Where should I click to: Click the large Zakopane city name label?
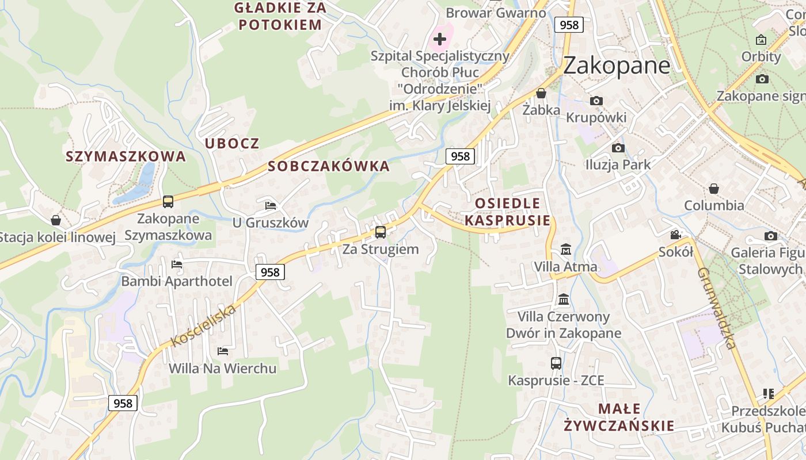[x=617, y=66]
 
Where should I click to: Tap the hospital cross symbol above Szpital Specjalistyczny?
[x=440, y=39]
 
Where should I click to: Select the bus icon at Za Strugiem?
[x=380, y=232]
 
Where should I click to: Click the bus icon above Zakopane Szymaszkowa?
[x=168, y=202]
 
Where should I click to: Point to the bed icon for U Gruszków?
[x=271, y=205]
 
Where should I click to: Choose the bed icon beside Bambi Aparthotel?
[x=177, y=264]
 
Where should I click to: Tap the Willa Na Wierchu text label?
[x=222, y=368]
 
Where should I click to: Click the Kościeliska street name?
[x=204, y=326]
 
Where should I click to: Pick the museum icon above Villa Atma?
[x=566, y=250]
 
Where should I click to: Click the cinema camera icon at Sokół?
[x=675, y=235]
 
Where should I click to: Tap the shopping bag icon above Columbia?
[x=713, y=189]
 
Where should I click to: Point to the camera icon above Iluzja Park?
[x=618, y=148]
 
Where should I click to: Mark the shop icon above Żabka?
[x=541, y=93]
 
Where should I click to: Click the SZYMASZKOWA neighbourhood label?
[x=126, y=156]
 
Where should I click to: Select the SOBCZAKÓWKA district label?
[x=329, y=167]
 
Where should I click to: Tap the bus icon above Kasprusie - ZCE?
[x=556, y=363]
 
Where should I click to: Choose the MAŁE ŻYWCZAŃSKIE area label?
[x=619, y=417]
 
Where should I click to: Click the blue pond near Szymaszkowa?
[x=137, y=185]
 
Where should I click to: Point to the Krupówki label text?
[x=596, y=117]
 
